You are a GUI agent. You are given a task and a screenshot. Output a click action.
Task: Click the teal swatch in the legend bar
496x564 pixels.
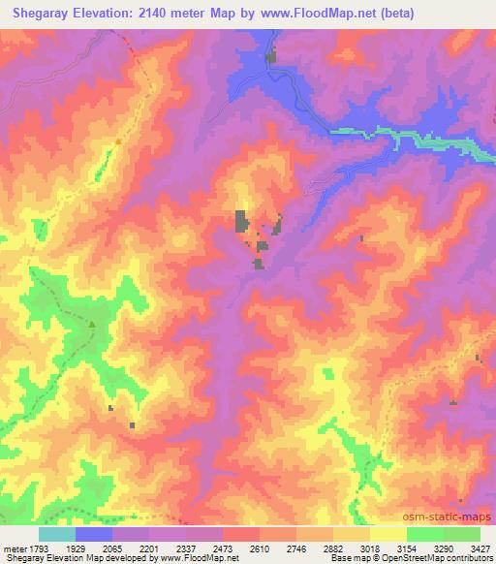click(57, 534)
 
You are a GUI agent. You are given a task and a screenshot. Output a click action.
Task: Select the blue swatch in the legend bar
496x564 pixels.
click(95, 534)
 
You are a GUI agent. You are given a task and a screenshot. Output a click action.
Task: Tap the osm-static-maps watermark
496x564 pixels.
click(453, 519)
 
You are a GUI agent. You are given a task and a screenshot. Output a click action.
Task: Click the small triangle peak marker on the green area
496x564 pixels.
click(92, 325)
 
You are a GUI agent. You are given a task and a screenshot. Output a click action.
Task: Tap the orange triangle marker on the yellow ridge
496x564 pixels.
click(118, 142)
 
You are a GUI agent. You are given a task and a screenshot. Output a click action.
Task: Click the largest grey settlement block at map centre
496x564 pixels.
click(239, 221)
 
